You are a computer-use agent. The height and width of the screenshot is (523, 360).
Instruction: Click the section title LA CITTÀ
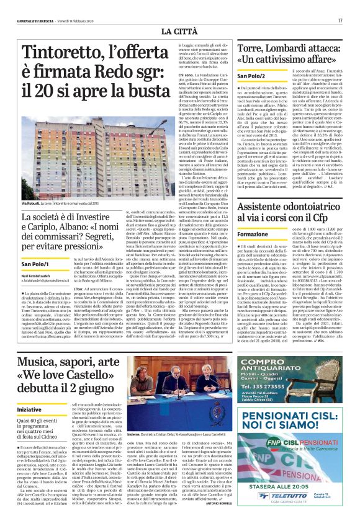click(179, 30)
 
